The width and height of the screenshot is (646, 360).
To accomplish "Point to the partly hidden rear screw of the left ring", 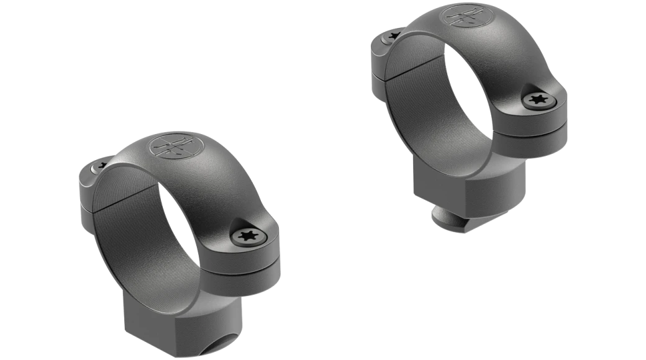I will [101, 165].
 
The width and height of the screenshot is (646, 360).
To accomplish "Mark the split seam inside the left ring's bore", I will [118, 202].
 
